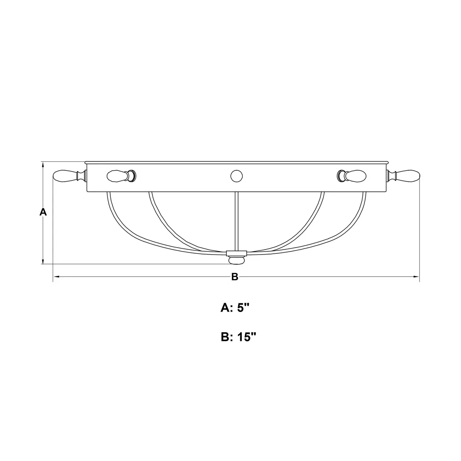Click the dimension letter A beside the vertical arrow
point(43,212)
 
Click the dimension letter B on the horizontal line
point(235,277)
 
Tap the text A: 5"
point(235,308)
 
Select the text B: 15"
point(238,337)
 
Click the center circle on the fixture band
point(237,176)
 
